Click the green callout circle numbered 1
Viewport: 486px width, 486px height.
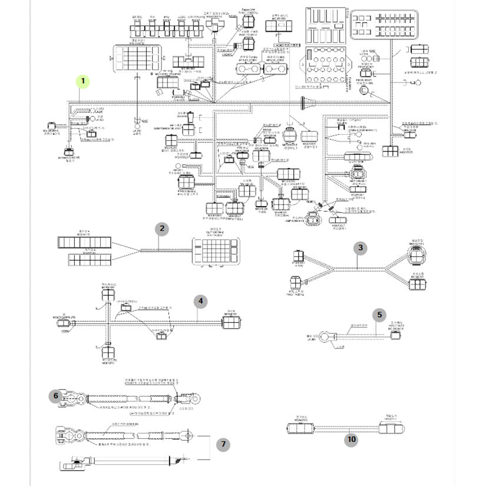[84, 80]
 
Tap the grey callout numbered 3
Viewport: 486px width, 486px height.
[361, 248]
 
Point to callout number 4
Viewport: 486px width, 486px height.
[201, 302]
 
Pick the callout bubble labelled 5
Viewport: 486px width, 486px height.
[379, 316]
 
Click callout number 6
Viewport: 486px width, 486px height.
[57, 395]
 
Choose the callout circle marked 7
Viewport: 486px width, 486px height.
[223, 445]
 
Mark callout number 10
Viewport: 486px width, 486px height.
[352, 439]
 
